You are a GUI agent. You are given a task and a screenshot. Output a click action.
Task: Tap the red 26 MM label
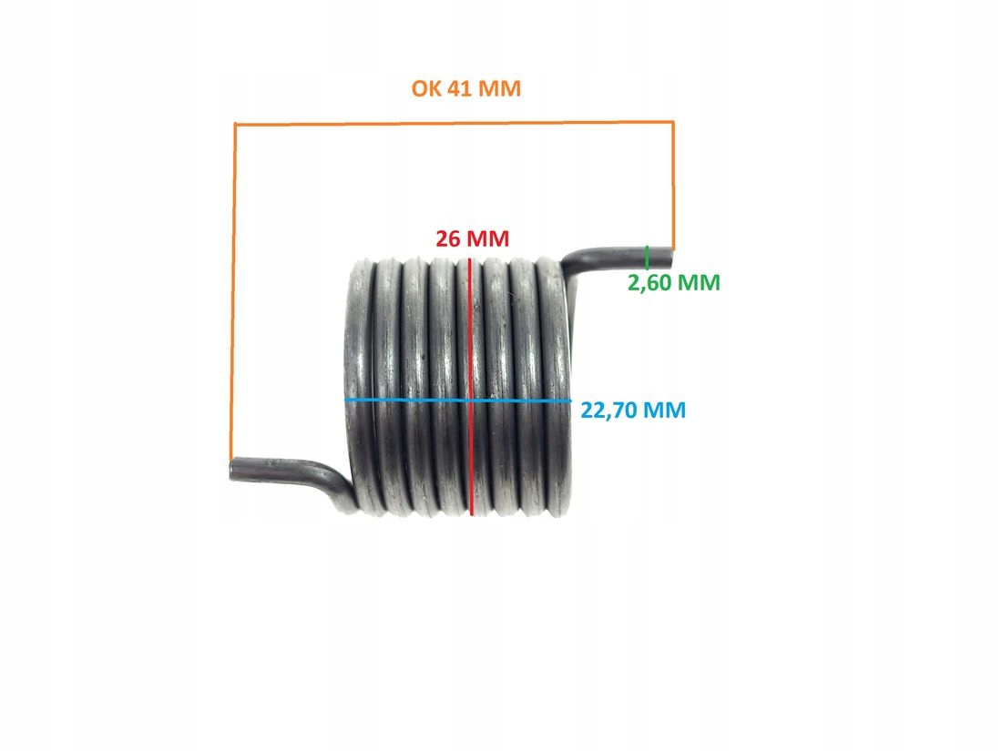click(x=472, y=239)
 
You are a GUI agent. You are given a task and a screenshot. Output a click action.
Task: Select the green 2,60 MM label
click(x=674, y=283)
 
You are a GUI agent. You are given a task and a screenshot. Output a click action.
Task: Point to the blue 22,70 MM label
click(x=633, y=411)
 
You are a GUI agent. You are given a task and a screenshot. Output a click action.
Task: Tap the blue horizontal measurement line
click(x=410, y=401)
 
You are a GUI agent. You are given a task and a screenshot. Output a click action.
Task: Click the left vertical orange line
click(x=235, y=291)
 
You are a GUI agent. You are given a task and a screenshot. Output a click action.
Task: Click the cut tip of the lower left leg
click(x=232, y=469)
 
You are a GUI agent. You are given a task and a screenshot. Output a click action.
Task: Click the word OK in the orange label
click(x=424, y=90)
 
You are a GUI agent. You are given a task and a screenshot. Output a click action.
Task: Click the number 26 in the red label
click(x=447, y=239)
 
